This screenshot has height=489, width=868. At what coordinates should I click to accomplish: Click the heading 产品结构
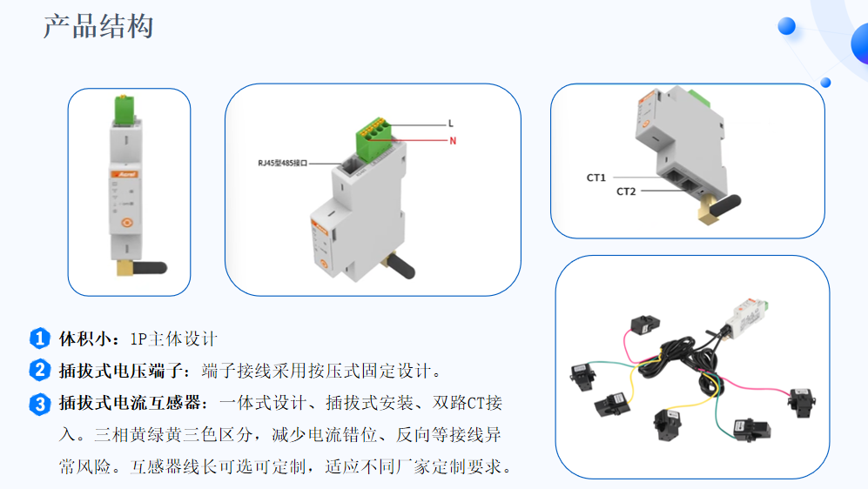point(98,27)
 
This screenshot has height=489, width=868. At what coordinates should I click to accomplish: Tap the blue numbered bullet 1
point(39,338)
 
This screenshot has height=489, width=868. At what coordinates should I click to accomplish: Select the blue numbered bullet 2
point(39,370)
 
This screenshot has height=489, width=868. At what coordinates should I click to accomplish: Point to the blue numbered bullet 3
point(39,404)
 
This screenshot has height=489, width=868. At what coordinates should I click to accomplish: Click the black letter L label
point(451,124)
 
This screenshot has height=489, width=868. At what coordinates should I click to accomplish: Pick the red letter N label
point(453,141)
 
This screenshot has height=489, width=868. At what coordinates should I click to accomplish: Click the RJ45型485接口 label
point(282,164)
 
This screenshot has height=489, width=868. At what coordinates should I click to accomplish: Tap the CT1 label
point(596,178)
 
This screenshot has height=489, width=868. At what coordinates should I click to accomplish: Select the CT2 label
point(626,191)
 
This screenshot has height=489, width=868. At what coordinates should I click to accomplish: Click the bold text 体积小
point(85,338)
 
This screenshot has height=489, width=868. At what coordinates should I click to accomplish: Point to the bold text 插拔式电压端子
point(121,371)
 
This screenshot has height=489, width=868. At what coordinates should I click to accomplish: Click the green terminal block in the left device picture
point(124,110)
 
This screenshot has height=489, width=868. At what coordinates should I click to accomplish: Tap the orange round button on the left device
point(127,223)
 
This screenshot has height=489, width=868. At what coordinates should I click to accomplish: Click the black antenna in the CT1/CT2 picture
point(725,204)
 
